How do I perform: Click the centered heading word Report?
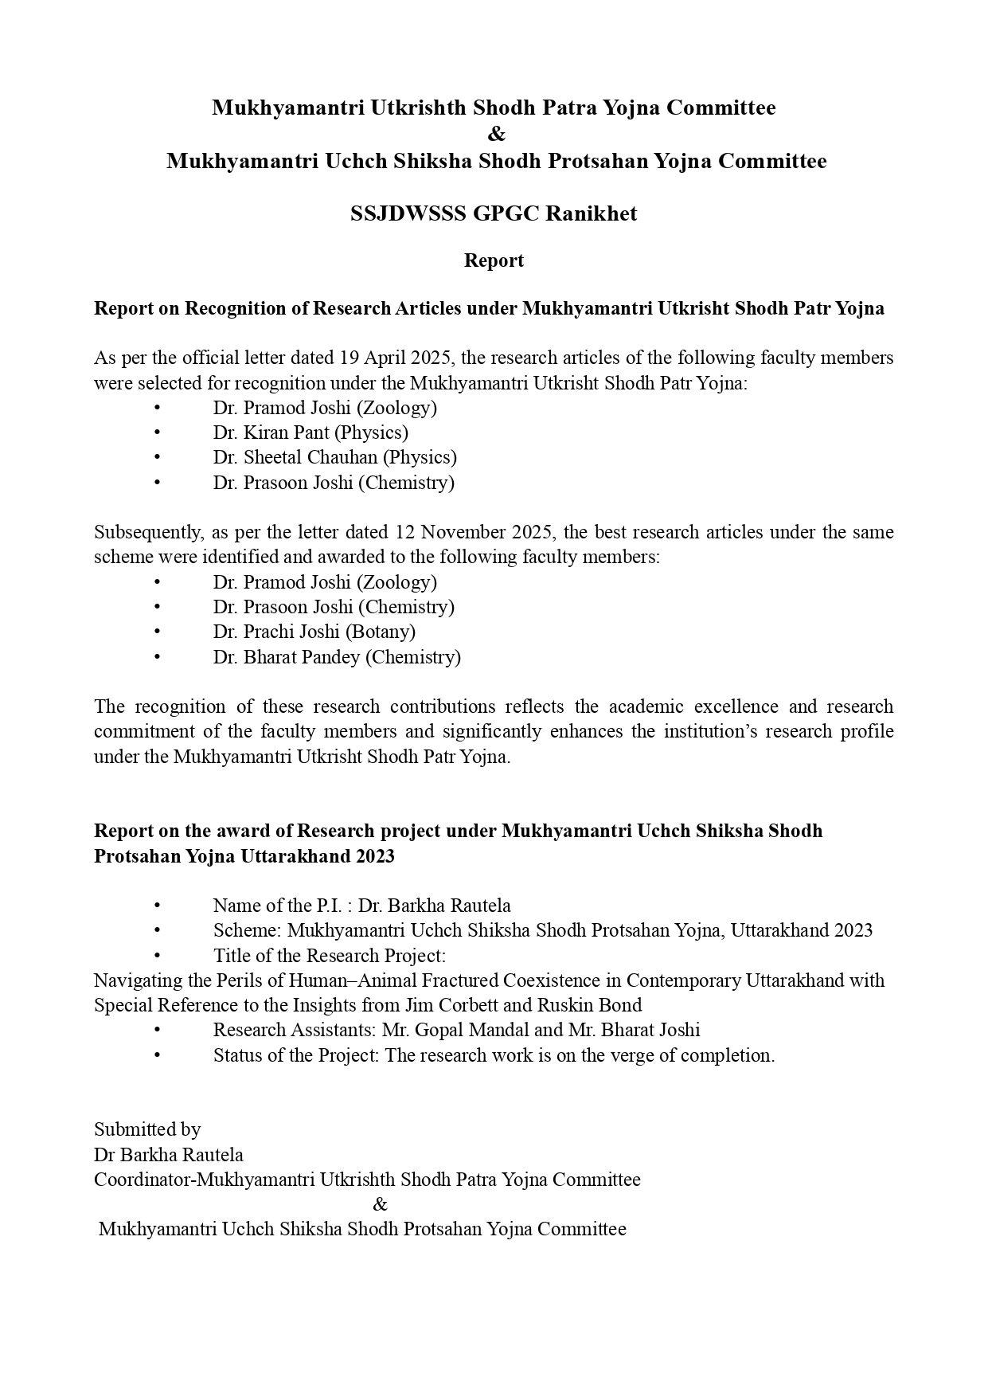click(494, 260)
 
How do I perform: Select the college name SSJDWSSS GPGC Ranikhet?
click(494, 213)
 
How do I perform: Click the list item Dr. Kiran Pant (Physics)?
click(310, 432)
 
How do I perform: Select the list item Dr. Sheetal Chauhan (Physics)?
click(334, 457)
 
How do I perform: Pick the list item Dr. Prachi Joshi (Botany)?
click(314, 632)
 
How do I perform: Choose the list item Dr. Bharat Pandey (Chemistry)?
click(337, 657)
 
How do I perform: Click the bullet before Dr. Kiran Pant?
click(158, 432)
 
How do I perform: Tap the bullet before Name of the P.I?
click(158, 906)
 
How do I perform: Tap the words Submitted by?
click(147, 1129)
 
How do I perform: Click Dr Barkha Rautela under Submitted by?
click(169, 1155)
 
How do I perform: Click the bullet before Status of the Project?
click(158, 1055)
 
